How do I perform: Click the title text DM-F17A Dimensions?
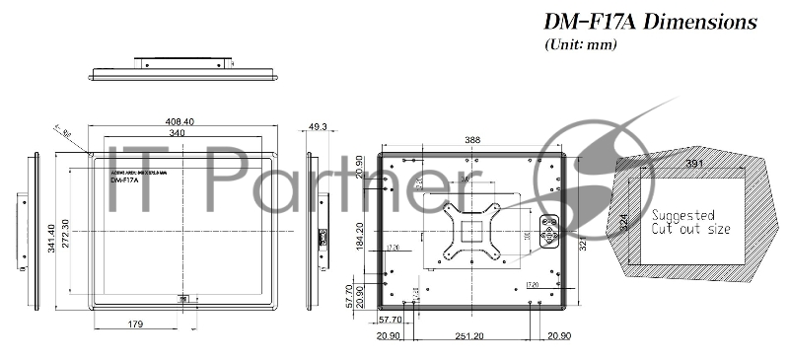click(x=650, y=22)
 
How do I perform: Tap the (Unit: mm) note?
click(x=581, y=44)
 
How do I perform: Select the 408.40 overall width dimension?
click(x=179, y=121)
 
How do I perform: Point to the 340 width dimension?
click(x=176, y=132)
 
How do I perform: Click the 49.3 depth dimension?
click(x=318, y=127)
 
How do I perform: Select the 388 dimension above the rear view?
click(x=472, y=140)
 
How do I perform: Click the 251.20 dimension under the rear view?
click(x=469, y=336)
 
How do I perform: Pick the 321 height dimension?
click(x=583, y=242)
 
